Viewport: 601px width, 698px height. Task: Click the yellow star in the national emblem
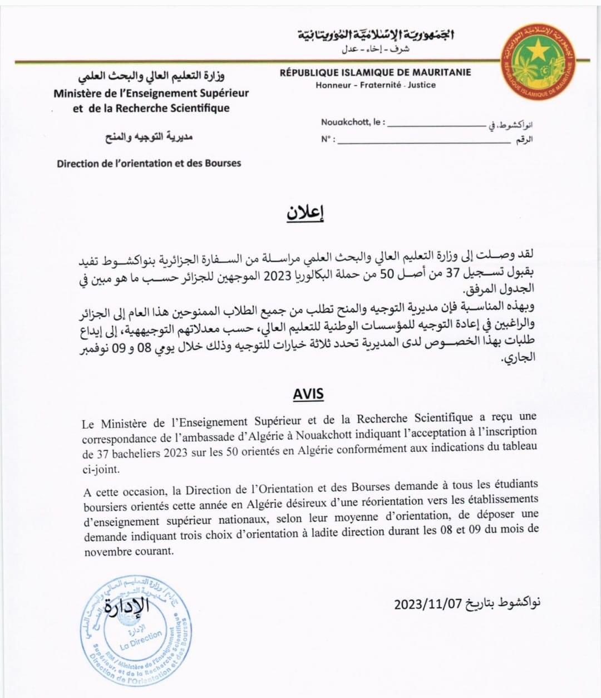[x=538, y=52]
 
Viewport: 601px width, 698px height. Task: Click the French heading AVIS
[x=308, y=394]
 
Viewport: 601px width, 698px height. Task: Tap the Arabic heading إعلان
[x=306, y=213]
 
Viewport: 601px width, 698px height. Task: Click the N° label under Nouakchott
[x=327, y=139]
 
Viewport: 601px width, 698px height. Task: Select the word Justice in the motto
[x=421, y=85]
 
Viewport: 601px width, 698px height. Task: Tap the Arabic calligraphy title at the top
[x=376, y=36]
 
